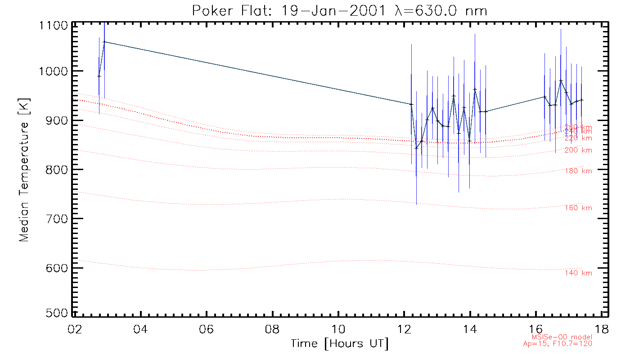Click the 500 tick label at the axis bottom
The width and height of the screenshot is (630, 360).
(58, 313)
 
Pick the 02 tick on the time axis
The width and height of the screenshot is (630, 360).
(74, 329)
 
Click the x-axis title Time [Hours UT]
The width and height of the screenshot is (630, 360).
(339, 344)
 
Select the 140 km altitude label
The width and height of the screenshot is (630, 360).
(578, 273)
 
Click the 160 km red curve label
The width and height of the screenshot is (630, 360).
(578, 208)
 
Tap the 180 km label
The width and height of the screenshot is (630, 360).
(578, 171)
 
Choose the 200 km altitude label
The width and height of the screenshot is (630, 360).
(578, 150)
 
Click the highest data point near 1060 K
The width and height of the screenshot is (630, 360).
(104, 42)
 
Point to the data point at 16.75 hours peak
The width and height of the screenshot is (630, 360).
(561, 81)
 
